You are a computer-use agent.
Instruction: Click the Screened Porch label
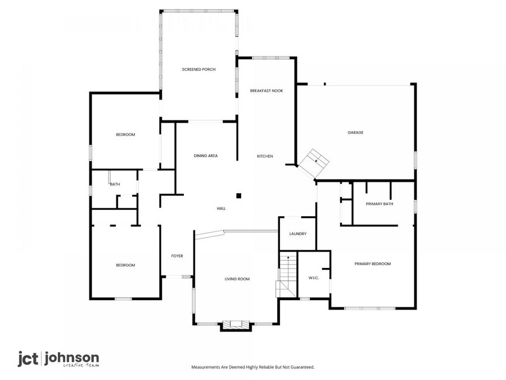coord(198,69)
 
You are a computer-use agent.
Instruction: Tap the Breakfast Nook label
coord(266,91)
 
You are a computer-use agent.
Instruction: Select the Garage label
coord(355,132)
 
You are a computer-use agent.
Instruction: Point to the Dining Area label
coord(206,156)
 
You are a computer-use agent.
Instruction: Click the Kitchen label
coord(265,157)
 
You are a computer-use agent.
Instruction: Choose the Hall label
coord(222,209)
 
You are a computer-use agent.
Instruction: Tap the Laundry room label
coord(298,234)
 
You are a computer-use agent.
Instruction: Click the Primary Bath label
coord(379,204)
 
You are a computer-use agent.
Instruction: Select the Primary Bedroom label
coord(373,264)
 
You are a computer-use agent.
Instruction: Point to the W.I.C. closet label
coord(313,278)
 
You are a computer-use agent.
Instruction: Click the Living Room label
coord(237,279)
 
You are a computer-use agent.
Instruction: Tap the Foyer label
coord(177,256)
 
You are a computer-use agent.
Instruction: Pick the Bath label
coord(115,184)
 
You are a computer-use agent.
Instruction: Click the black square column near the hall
coord(239,195)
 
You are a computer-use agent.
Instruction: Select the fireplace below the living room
coord(236,325)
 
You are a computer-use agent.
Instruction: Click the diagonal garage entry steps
coord(313,164)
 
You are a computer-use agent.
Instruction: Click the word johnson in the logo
coord(71,359)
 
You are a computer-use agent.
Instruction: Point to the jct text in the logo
coord(28,359)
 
